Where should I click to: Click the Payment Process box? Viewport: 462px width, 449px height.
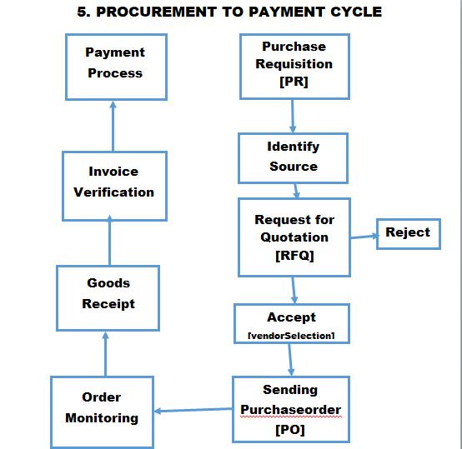pos(116,67)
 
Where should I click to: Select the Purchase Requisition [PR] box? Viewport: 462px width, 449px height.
pos(294,66)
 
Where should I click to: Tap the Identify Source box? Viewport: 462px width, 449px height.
pos(293,157)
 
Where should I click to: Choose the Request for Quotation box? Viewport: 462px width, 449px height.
pos(294,237)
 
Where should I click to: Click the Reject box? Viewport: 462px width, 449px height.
pos(408,233)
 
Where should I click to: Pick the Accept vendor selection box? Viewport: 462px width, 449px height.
pos(291,324)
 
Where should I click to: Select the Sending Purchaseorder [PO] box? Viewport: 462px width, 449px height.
pos(290,409)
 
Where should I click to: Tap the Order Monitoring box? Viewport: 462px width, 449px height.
pos(102,408)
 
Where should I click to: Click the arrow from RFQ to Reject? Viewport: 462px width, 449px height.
pos(364,237)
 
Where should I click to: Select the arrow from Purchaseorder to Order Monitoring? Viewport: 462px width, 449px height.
pos(193,409)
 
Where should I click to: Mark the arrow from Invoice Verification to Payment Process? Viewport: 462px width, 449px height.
pos(113,126)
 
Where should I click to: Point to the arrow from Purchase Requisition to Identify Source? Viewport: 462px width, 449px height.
pos(293,116)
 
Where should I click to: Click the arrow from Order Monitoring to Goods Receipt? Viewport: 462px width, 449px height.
pos(105,352)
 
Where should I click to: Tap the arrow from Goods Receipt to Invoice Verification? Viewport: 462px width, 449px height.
pos(109,242)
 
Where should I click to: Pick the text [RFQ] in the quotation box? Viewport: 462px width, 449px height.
pos(294,256)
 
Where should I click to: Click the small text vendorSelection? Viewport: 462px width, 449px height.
pos(291,335)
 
